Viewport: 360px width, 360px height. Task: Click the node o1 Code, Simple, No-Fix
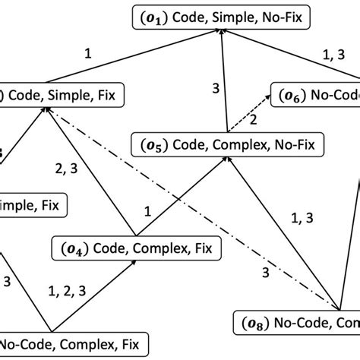(x=221, y=16)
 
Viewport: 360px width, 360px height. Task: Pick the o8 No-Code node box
(x=296, y=324)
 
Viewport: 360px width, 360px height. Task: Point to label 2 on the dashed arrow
(x=254, y=119)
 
